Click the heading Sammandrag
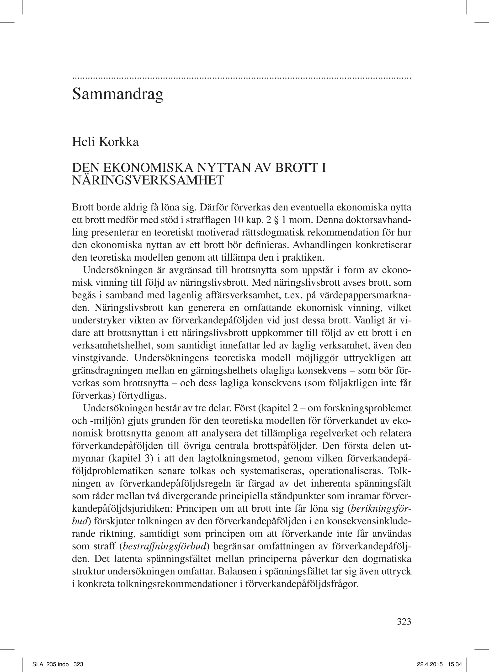click(x=117, y=94)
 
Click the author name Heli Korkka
click(x=105, y=142)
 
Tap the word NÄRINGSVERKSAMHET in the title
click(x=148, y=180)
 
